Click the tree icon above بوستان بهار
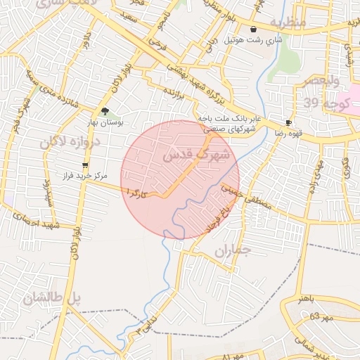pos(105,111)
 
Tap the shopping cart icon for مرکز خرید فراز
pos(86,165)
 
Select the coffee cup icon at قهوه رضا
pos(288,122)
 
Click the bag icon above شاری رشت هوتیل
pos(253,30)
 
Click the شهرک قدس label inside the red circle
pos(191,156)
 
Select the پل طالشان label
pos(52,298)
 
